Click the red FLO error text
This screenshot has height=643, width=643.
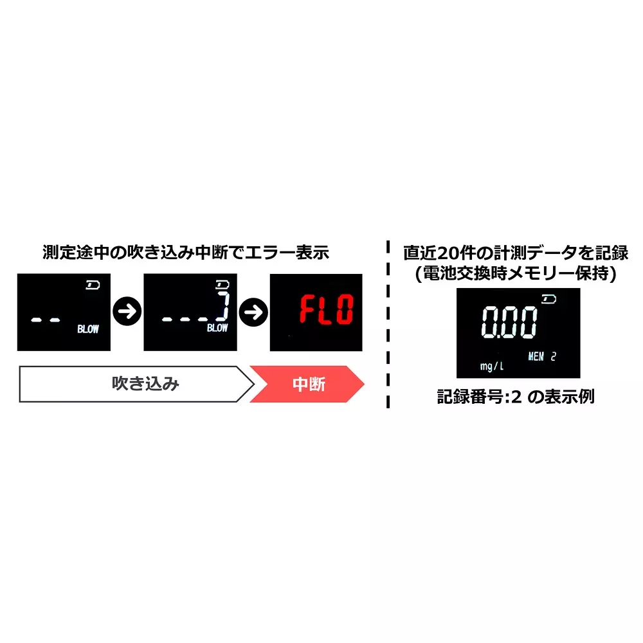pos(327,309)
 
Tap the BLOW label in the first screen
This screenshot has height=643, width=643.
pos(88,329)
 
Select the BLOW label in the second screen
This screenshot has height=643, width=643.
pos(217,328)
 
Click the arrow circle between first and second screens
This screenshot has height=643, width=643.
pos(127,311)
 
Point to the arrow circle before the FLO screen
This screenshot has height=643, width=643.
pos(253,312)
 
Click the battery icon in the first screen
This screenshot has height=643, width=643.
pos(93,285)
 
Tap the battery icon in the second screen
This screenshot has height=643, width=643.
pos(222,284)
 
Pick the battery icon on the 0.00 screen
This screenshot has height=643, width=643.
pos(548,299)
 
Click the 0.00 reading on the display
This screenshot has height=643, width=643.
pos(509,322)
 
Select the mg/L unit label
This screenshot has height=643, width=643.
pos(492,366)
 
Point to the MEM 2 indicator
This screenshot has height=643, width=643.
pos(542,356)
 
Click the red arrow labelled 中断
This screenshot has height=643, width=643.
pos(307,384)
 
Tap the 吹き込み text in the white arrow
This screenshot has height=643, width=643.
pos(145,384)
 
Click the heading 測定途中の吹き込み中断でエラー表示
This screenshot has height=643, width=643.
pos(186,252)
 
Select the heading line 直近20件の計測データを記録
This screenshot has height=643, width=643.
pos(516,253)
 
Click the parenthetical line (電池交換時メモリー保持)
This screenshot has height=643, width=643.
pos(516,273)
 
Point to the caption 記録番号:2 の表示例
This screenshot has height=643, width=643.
pos(516,397)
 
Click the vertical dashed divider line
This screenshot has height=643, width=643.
pos(388,324)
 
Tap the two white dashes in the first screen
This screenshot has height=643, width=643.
pos(46,320)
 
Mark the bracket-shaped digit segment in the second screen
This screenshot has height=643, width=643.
pos(224,306)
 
